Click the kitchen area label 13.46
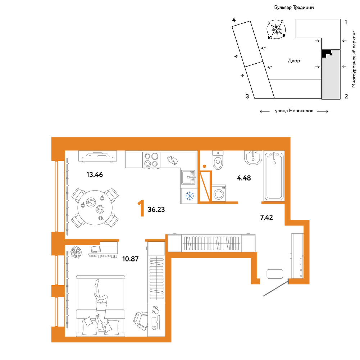point(95,175)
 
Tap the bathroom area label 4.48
point(244,178)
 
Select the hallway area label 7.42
point(266,217)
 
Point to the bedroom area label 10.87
point(131,259)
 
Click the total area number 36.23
point(156,209)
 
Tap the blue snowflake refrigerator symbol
point(190,196)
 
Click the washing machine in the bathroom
point(219,193)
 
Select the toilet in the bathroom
point(218,160)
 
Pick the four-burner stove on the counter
point(151,160)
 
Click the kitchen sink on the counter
point(188,177)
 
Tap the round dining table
point(95,208)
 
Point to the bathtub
point(274,176)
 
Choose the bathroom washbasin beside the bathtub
point(253,158)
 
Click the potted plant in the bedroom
point(76,252)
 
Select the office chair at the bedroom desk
point(141,320)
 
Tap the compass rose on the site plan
point(276,29)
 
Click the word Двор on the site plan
point(294,61)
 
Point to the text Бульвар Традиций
point(294,7)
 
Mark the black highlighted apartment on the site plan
point(327,54)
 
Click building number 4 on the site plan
point(234,20)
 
